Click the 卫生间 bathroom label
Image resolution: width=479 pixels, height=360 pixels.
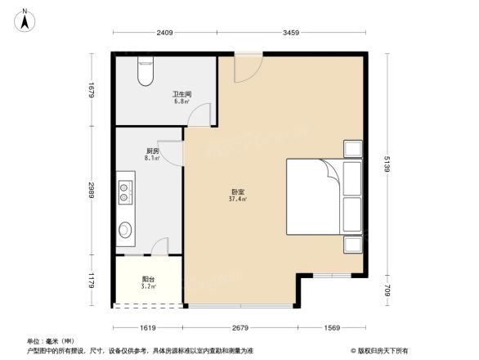(x=181, y=94)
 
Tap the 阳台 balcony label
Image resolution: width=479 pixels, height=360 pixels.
(x=147, y=279)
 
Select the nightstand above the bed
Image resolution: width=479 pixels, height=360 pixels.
(x=353, y=149)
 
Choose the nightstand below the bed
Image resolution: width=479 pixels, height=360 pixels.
(x=353, y=245)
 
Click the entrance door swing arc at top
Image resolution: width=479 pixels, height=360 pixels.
(x=246, y=69)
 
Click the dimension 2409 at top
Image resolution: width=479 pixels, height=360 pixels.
(x=165, y=34)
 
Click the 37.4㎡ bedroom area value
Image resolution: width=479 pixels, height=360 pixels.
(x=239, y=200)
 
